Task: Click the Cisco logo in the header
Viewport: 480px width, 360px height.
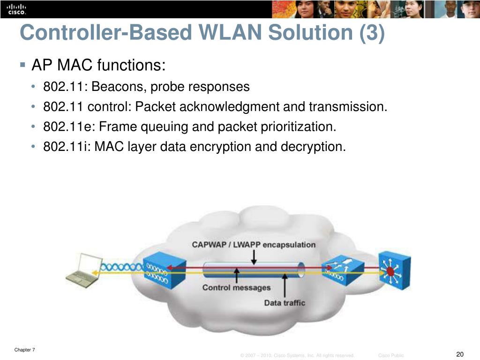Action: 16,9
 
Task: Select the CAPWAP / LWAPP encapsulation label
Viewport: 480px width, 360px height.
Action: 254,245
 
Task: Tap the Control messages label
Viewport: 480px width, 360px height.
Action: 236,287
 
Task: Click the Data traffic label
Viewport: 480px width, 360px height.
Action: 285,303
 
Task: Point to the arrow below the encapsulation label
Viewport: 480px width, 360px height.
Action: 254,257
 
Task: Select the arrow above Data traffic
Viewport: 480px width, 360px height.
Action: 285,285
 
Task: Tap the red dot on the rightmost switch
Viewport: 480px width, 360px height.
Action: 390,271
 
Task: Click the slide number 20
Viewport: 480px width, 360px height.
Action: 459,354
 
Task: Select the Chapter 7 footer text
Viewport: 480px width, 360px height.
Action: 25,350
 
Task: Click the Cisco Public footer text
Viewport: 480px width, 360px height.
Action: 391,356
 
